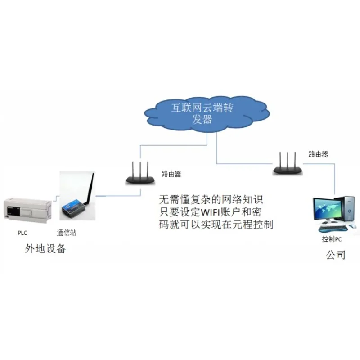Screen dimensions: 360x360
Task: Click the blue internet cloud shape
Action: (x=207, y=114)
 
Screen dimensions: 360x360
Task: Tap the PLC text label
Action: (x=22, y=233)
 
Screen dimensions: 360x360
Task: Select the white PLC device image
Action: (x=27, y=210)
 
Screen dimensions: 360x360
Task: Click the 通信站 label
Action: (x=67, y=233)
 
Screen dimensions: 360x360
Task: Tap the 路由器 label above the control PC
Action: (x=319, y=154)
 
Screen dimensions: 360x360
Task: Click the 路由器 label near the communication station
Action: (x=171, y=174)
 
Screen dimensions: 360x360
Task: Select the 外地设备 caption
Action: (x=45, y=249)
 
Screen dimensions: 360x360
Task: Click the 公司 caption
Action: (x=336, y=255)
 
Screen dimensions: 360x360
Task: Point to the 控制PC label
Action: (x=332, y=239)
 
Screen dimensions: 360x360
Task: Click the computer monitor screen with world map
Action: (x=324, y=209)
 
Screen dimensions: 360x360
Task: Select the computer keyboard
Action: (x=333, y=229)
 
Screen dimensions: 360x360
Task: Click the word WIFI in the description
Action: (x=210, y=212)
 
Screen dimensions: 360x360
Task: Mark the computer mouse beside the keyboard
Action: (x=352, y=226)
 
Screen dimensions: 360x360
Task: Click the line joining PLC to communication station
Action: (x=56, y=198)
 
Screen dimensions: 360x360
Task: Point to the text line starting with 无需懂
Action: (x=211, y=200)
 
